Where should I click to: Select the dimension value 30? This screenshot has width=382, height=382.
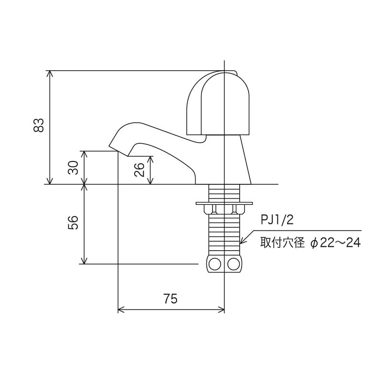[74, 167]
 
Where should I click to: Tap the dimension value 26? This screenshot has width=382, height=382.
[139, 170]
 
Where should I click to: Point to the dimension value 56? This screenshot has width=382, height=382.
[74, 223]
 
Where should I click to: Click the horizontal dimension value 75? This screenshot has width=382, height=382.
[170, 298]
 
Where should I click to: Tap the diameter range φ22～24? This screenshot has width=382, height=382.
[335, 243]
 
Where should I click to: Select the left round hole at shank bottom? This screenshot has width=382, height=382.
[215, 264]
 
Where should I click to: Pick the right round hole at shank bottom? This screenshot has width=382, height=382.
[233, 264]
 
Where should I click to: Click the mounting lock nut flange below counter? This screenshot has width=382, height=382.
[224, 207]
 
